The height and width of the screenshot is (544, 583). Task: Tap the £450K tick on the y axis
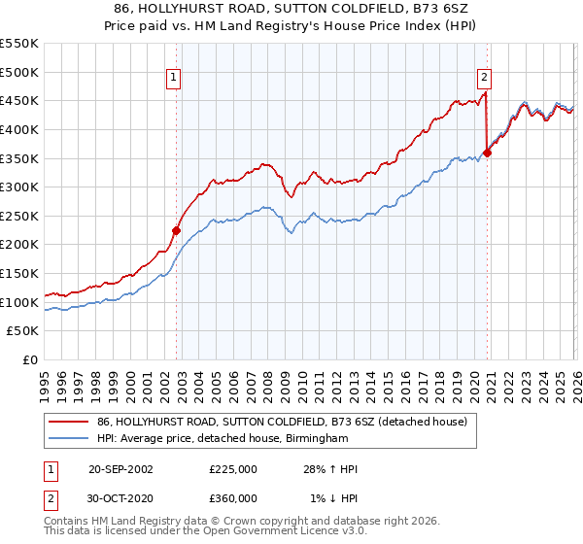[x=19, y=100]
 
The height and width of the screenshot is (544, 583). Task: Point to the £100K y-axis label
[x=19, y=302]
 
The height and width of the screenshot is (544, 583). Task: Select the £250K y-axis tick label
[x=19, y=216]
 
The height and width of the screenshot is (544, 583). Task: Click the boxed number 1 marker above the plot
[x=173, y=79]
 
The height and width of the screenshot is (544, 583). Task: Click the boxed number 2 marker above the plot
[x=484, y=79]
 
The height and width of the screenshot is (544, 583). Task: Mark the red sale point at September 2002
[x=176, y=230]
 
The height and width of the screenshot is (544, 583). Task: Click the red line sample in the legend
[x=70, y=422]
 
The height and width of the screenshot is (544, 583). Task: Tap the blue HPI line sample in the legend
[x=70, y=438]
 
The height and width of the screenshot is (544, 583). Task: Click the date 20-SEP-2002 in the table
[x=120, y=469]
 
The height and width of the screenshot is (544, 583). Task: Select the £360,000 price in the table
[x=233, y=498]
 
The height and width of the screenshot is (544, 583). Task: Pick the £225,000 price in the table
[x=233, y=469]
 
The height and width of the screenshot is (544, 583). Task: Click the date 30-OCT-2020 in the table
[x=120, y=498]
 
